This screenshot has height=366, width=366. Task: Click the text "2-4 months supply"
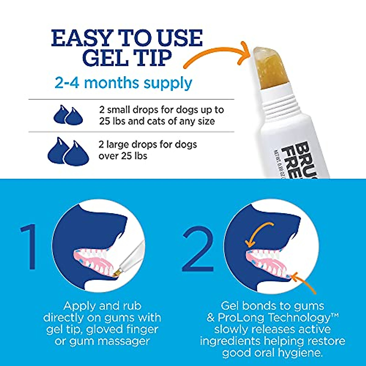[x=123, y=83]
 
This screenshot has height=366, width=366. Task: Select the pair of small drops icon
[x=68, y=115]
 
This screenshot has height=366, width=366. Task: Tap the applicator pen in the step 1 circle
[x=131, y=256]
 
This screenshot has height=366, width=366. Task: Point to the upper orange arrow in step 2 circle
[x=259, y=233]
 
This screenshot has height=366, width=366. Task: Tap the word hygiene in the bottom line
[x=297, y=353]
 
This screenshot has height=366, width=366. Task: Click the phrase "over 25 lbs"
[x=123, y=156]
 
